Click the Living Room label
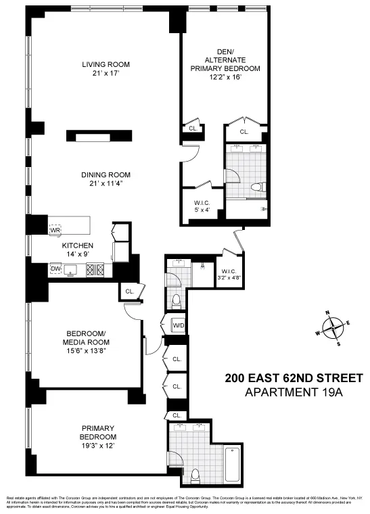coord(106,65)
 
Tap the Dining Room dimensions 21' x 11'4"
coord(106,183)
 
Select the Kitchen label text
coord(78,246)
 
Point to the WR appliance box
coord(55,230)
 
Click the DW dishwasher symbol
coord(55,270)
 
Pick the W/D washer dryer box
coord(179,325)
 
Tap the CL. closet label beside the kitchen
coord(129,291)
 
